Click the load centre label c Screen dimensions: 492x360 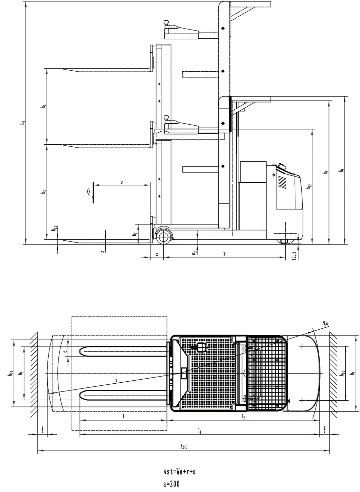(x=122, y=182)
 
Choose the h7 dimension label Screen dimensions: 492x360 (x=135, y=234)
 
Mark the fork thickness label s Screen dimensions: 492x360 (x=103, y=251)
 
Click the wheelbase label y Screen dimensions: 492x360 (x=224, y=254)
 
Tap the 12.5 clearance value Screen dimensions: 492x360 (x=294, y=255)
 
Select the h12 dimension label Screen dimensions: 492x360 (x=309, y=187)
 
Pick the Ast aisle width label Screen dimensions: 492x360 (x=183, y=447)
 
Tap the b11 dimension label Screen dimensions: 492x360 (x=11, y=373)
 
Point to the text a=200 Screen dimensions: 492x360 (x=171, y=484)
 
